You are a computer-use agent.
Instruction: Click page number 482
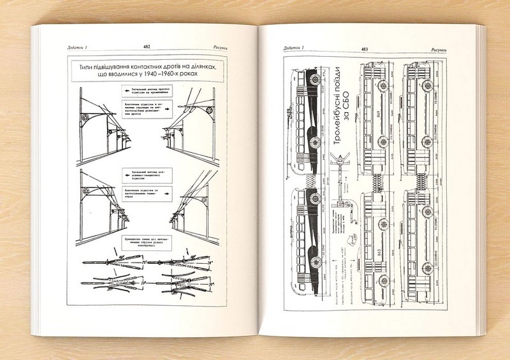tap(147, 47)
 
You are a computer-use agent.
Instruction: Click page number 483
tap(364, 48)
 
